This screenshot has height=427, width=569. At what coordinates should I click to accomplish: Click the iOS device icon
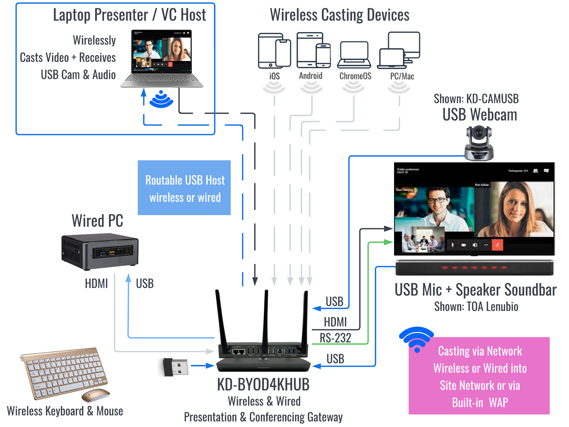[274, 50]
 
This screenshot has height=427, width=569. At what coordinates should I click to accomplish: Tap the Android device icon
[313, 50]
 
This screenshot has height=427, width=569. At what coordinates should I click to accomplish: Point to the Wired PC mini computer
[100, 251]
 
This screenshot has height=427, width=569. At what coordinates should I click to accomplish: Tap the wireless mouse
[95, 395]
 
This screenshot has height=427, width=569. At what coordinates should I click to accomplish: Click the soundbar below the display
[474, 268]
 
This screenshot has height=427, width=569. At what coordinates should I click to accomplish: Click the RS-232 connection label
[335, 338]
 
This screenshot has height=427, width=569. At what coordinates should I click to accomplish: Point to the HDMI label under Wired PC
[96, 283]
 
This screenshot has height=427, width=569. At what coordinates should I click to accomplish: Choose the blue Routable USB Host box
[184, 188]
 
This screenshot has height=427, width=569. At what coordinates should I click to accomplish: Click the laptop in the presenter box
[162, 59]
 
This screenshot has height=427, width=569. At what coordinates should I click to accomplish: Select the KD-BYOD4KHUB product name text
[263, 384]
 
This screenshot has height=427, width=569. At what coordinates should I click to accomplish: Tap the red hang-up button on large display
[497, 245]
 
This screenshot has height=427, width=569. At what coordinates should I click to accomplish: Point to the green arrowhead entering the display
[388, 242]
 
